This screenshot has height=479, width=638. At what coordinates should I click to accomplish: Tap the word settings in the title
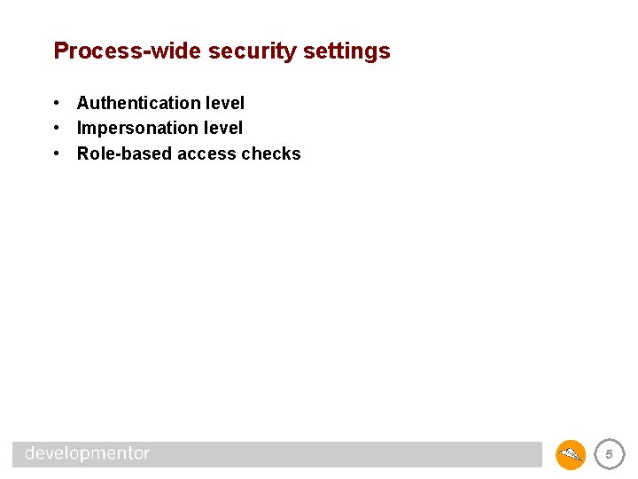346,51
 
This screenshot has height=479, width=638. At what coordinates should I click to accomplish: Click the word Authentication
136,104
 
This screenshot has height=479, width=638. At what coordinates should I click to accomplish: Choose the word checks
271,153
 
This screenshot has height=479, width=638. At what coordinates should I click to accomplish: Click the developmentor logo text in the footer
88,453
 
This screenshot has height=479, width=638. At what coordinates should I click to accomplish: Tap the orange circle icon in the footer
571,455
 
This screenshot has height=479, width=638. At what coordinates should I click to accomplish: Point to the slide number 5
609,454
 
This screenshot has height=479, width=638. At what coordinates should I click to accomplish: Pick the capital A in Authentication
83,104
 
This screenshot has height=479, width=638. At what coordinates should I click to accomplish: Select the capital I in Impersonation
80,129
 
